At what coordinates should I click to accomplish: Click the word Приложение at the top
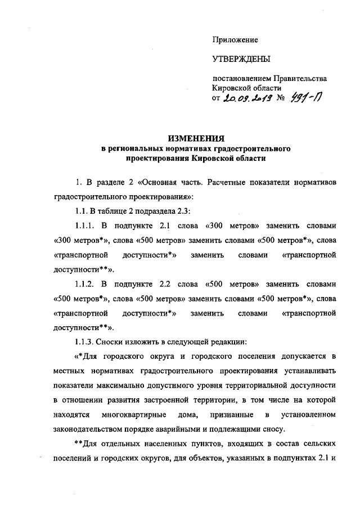(235, 40)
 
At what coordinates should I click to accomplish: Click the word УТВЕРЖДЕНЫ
(241, 60)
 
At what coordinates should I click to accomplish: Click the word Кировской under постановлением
(232, 88)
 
